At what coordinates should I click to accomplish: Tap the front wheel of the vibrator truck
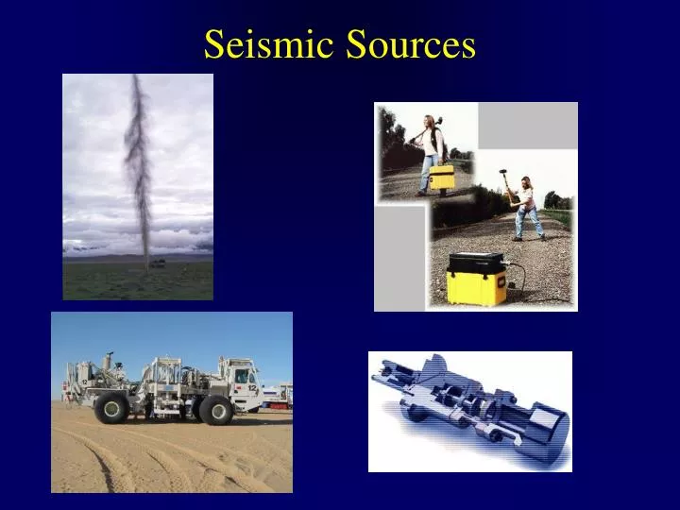tap(215, 409)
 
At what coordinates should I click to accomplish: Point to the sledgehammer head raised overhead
tap(503, 177)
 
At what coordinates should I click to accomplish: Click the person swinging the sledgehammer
tap(525, 208)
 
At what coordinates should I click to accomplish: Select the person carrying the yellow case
tap(432, 151)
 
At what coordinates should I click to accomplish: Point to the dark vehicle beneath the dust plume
tap(157, 263)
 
